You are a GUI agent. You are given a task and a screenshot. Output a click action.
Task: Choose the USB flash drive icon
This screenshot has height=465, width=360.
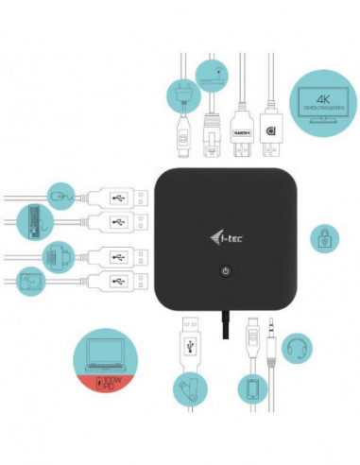[190, 388]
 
